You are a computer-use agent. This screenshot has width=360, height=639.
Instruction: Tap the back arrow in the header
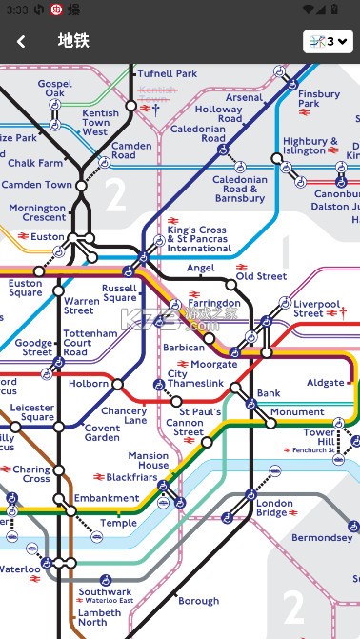click(x=21, y=41)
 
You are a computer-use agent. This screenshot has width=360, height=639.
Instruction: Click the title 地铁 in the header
click(x=72, y=41)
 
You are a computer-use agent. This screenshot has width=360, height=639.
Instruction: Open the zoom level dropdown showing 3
click(x=328, y=41)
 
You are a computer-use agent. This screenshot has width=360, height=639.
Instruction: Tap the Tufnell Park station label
click(x=167, y=73)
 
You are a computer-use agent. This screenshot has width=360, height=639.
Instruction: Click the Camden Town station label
click(x=39, y=185)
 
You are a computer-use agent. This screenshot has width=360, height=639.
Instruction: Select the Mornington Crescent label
click(x=37, y=213)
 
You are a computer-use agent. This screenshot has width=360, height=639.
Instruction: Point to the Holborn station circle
click(x=117, y=385)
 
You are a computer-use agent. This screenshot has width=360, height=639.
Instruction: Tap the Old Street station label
click(x=261, y=276)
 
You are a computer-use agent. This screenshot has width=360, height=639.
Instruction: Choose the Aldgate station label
click(x=326, y=383)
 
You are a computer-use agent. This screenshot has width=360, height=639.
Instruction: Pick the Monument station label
click(x=297, y=412)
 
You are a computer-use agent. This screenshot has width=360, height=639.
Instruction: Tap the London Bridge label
click(x=274, y=508)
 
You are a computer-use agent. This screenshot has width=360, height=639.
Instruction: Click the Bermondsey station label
click(x=322, y=538)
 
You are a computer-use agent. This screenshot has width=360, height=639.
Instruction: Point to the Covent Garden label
click(x=102, y=432)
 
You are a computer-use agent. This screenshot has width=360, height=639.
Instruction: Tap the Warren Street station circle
click(x=58, y=290)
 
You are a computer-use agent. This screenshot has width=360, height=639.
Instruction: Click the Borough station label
click(x=198, y=601)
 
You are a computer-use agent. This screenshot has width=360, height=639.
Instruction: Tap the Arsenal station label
click(x=245, y=97)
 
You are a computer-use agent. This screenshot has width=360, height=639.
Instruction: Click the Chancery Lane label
click(x=124, y=415)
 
